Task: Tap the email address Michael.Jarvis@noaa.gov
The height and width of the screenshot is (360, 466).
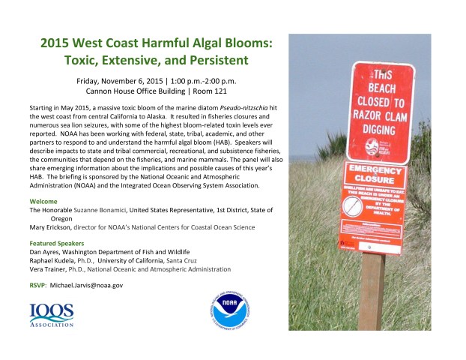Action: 86,285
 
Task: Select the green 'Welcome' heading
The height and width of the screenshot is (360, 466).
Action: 46,202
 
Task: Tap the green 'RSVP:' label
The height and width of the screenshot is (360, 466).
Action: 39,285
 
